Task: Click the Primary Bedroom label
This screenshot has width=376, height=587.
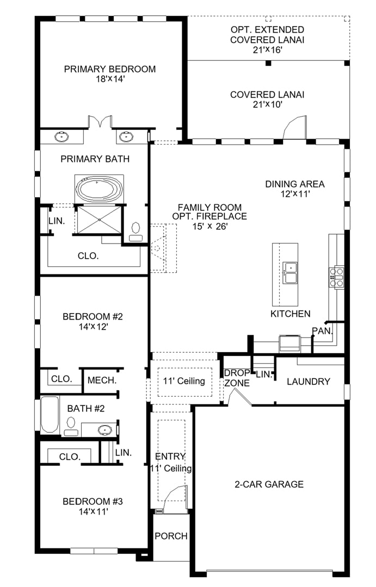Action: point(110,69)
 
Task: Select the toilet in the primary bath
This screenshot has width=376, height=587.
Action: point(135,232)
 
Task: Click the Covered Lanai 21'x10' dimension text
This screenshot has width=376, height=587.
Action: point(267,105)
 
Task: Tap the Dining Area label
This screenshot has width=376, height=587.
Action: point(295,184)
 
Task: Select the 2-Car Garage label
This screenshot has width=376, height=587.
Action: point(269,484)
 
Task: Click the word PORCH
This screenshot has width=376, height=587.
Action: point(171,536)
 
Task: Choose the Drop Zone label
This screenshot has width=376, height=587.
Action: point(237,378)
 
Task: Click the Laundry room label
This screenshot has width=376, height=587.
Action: point(309,382)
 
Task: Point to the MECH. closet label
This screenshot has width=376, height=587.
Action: point(102,380)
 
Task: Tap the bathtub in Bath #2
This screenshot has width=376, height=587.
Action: point(50,414)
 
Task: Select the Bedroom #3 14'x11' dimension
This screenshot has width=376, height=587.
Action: point(94,511)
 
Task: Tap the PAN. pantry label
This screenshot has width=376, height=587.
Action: point(322,331)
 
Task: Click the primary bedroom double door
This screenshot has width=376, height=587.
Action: point(100,122)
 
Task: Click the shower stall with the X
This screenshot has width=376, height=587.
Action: point(98,220)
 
